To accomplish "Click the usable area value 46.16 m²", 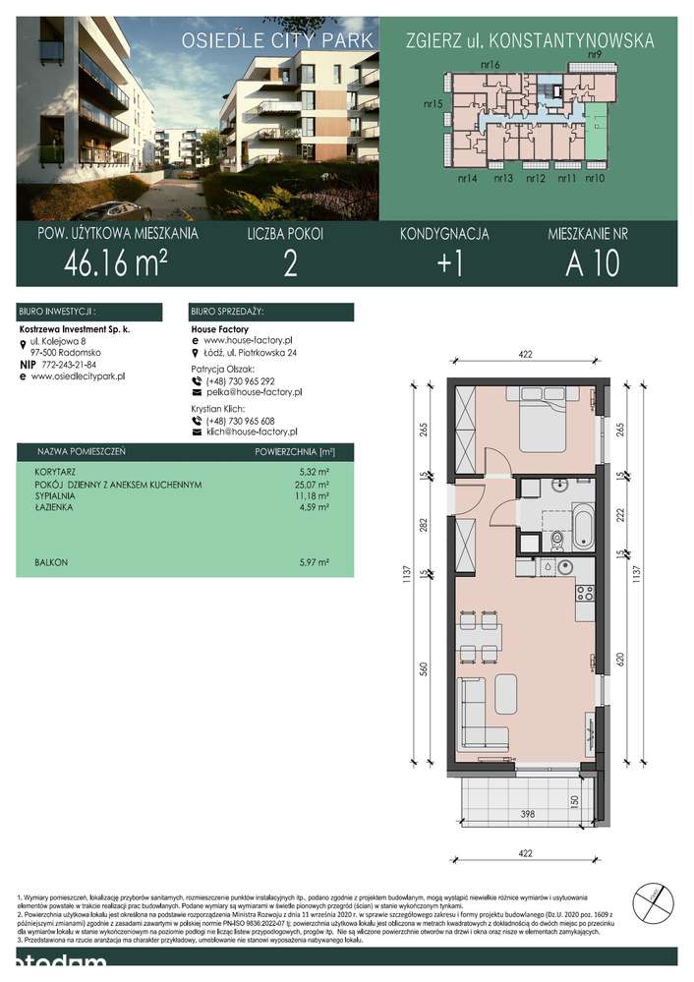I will pyautogui.click(x=115, y=263).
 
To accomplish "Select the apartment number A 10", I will pyautogui.click(x=592, y=263).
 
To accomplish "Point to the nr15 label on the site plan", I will pyautogui.click(x=434, y=103).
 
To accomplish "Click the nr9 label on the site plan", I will pyautogui.click(x=594, y=55).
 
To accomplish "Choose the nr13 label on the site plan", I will pyautogui.click(x=503, y=179).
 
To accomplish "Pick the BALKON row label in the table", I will pyautogui.click(x=50, y=562).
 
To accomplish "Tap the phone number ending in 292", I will pyautogui.click(x=239, y=380).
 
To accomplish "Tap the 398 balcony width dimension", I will pyautogui.click(x=529, y=813).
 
